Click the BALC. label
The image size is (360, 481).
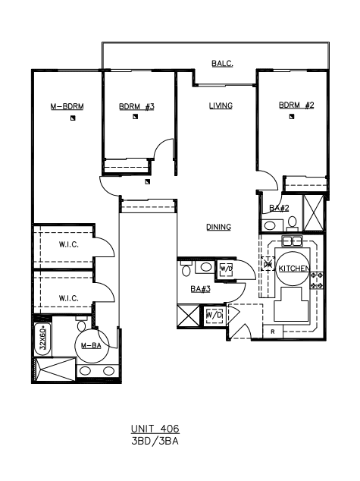(222, 64)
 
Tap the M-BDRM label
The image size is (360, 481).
(67, 106)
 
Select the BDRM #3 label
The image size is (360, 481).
(136, 106)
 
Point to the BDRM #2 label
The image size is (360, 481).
(296, 105)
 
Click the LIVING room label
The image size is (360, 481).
(221, 105)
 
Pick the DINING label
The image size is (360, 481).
(218, 227)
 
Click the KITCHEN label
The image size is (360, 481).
(294, 269)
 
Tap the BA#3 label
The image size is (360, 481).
(200, 289)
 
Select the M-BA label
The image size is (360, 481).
(91, 346)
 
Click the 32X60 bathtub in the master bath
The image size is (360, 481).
(43, 340)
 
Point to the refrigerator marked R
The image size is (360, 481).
(273, 332)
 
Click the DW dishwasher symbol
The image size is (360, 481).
(268, 264)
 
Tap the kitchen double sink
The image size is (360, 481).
(292, 241)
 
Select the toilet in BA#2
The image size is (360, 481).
(293, 223)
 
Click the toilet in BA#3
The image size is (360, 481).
(186, 269)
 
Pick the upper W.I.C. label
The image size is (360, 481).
(69, 245)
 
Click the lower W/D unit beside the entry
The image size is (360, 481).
(214, 315)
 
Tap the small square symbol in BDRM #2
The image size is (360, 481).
(292, 117)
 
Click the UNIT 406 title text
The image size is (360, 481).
(155, 429)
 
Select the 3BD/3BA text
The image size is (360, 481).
(155, 441)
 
